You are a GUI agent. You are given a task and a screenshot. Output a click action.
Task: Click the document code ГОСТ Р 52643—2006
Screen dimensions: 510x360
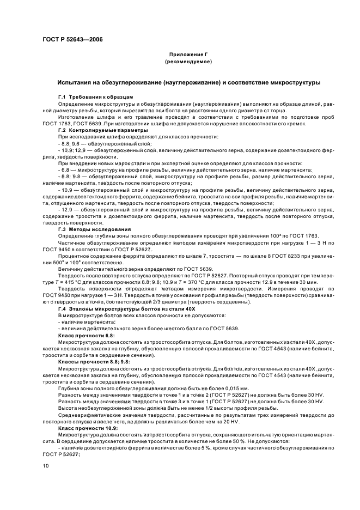(72, 40)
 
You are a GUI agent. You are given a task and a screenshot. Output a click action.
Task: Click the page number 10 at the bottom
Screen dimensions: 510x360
(45, 466)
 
